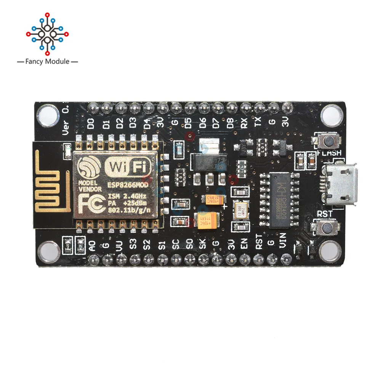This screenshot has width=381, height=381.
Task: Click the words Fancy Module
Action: tap(47, 61)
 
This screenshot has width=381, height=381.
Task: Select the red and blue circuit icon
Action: tap(47, 33)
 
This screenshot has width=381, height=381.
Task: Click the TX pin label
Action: tap(258, 123)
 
